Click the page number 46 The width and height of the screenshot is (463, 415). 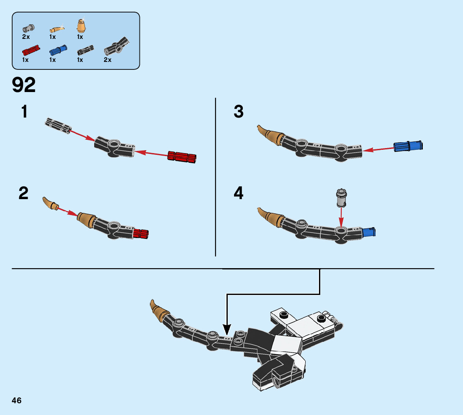coord(17,400)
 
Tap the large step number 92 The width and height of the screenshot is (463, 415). coord(24,85)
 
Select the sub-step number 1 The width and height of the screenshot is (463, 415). coord(24,112)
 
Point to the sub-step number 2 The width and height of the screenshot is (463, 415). coord(23,193)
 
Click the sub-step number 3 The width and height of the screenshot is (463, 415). coord(239,112)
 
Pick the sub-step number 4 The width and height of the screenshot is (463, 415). coord(239,193)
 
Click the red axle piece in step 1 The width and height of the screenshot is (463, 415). coord(182,156)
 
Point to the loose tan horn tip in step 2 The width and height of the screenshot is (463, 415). coord(50,203)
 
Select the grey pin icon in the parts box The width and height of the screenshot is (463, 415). coord(28,28)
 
